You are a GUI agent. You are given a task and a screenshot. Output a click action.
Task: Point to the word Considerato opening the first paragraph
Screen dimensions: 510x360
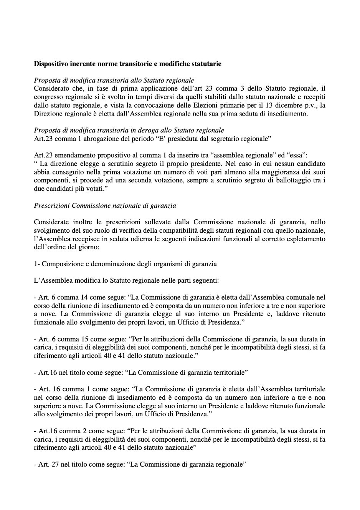(51, 89)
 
